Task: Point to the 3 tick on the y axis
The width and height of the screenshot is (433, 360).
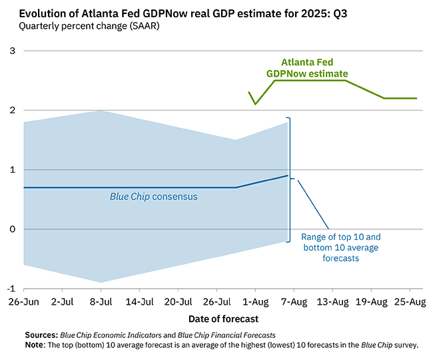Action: (12, 51)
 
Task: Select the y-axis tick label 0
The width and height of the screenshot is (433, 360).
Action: (12, 229)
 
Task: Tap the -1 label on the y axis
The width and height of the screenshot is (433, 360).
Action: (10, 289)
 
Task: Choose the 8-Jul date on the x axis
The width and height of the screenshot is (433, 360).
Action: (101, 302)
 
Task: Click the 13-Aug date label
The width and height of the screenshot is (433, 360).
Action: (331, 302)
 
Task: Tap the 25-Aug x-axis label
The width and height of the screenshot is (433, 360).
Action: (408, 302)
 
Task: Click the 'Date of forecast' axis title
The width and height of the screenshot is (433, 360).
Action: (220, 319)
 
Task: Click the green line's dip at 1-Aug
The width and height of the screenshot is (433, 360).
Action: (254, 104)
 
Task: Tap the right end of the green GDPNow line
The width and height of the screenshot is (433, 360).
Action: (417, 98)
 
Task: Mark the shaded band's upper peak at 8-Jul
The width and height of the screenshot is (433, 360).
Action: (101, 111)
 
